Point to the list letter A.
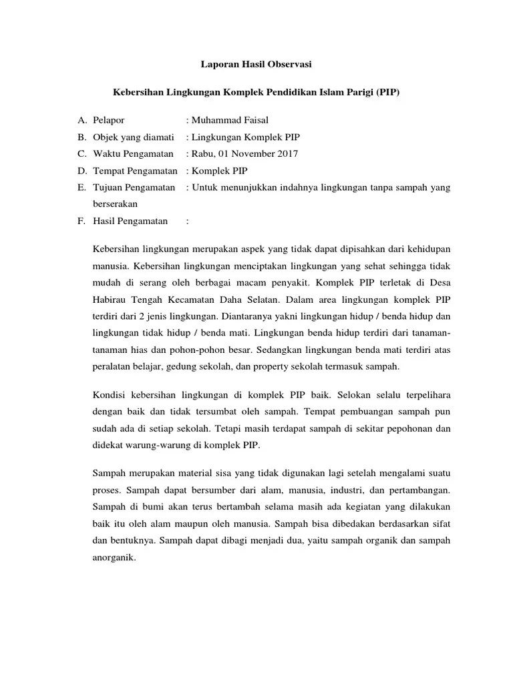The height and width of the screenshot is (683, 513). pyautogui.click(x=82, y=120)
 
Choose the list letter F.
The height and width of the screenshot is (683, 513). pyautogui.click(x=81, y=221)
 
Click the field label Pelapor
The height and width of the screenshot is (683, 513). pyautogui.click(x=109, y=120)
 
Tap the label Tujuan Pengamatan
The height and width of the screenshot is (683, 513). pyautogui.click(x=134, y=187)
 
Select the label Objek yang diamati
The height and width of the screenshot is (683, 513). pyautogui.click(x=133, y=137)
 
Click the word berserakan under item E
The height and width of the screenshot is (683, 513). pyautogui.click(x=114, y=205)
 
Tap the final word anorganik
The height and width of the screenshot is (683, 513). pyautogui.click(x=114, y=558)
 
